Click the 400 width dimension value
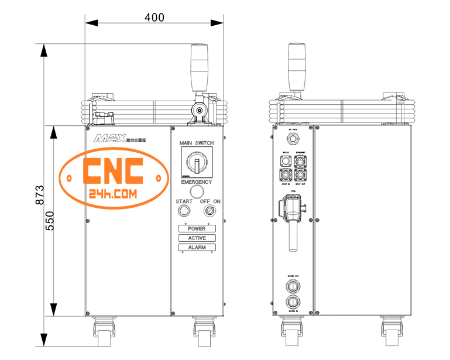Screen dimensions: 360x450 pyautogui.click(x=154, y=17)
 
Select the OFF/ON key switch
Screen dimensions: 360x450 pyautogui.click(x=209, y=211)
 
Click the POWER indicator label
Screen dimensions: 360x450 pyautogui.click(x=197, y=228)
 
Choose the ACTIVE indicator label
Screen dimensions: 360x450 pyautogui.click(x=197, y=238)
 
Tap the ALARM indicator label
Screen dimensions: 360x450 pyautogui.click(x=197, y=248)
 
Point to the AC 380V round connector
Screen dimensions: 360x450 pyautogui.click(x=293, y=139)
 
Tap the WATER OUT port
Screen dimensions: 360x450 pyautogui.click(x=293, y=286)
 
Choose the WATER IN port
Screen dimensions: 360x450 pyautogui.click(x=293, y=303)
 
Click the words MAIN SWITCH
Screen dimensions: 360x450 pyautogui.click(x=197, y=143)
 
